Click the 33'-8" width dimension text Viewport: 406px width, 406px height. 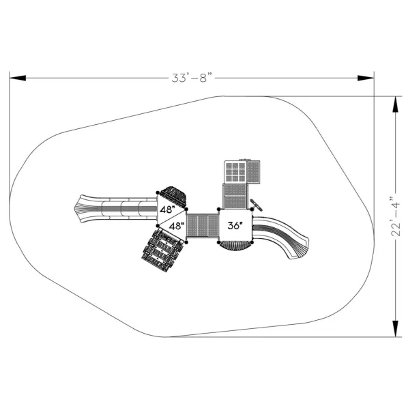point(192,78)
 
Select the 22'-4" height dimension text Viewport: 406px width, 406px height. point(395,216)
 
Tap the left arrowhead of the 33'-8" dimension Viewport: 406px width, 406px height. point(18,78)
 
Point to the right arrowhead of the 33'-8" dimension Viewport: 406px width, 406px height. point(366,78)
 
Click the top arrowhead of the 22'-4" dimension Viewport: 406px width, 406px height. point(395,104)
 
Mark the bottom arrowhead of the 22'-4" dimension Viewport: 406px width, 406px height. point(395,329)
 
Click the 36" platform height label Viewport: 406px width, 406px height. point(235,226)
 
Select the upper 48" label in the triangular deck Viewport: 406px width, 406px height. point(167,209)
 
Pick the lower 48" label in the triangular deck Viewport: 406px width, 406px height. point(177,226)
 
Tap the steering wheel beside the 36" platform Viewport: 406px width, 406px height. point(256,205)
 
